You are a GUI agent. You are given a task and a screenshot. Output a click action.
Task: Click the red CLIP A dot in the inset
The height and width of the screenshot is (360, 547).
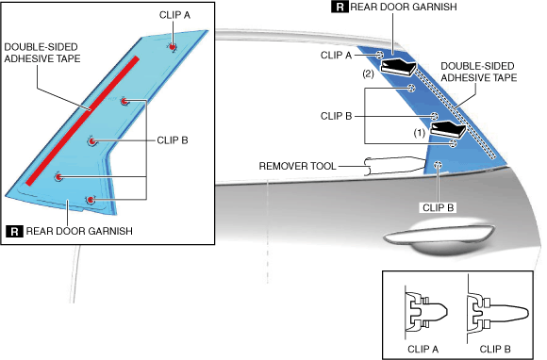173,47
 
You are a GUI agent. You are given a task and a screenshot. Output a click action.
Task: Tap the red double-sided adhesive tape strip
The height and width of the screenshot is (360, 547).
83,121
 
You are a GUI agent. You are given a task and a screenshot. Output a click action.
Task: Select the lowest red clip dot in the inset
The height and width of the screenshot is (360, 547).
91,200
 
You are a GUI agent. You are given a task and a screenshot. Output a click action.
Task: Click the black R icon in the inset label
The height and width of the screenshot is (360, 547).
15,231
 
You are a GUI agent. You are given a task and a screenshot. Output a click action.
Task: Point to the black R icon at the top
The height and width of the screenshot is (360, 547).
340,7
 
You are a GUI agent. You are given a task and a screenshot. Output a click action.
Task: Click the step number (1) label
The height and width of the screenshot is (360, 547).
420,133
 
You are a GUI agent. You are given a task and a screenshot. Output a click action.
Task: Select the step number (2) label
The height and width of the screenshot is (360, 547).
368,74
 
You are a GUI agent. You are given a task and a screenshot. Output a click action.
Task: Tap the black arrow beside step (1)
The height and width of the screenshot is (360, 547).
448,130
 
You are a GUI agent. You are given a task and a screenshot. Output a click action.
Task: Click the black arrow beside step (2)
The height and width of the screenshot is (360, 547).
398,67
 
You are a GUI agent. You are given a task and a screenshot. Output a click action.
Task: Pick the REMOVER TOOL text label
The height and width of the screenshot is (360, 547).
298,166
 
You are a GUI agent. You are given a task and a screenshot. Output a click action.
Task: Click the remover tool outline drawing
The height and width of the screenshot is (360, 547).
395,165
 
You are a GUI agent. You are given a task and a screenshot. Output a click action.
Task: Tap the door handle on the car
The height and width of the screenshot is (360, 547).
439,237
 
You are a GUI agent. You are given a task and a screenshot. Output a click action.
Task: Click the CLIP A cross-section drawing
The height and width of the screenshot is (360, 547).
425,312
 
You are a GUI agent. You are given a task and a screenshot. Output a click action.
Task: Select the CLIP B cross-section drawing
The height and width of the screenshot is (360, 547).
497,313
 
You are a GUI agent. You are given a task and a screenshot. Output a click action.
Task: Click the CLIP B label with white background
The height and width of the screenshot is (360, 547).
439,207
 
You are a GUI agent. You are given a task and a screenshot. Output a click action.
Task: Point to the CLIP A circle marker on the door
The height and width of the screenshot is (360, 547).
380,55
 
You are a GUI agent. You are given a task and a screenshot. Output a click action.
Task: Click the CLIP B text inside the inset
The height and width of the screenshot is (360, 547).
173,140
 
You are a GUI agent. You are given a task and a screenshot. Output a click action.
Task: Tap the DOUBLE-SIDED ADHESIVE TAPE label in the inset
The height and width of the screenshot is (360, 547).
42,53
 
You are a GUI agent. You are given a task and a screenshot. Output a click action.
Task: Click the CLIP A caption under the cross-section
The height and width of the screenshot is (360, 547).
423,349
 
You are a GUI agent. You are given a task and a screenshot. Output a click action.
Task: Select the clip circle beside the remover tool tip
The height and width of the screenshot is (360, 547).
439,165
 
